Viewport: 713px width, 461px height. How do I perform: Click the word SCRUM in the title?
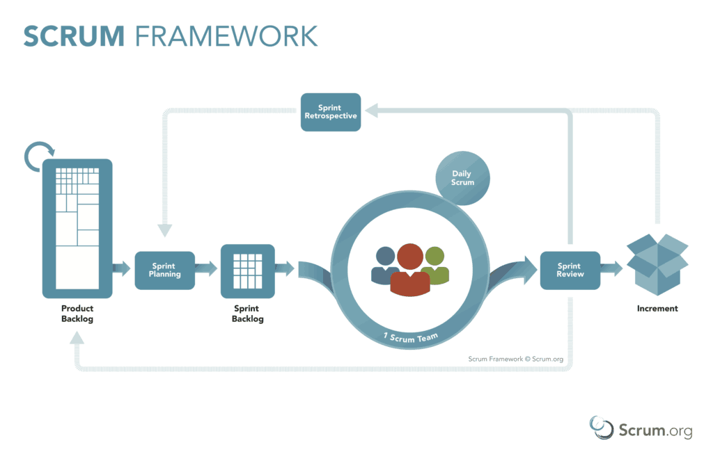tap(72, 35)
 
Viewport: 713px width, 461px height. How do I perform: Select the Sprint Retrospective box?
tap(330, 112)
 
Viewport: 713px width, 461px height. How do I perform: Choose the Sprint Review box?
tap(570, 270)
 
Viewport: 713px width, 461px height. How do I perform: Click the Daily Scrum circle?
tap(462, 178)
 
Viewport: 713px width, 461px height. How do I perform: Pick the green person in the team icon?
tap(436, 265)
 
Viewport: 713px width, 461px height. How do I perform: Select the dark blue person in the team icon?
tap(384, 266)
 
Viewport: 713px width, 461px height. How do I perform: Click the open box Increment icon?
tap(657, 264)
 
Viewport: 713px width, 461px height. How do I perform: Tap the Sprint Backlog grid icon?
tap(247, 270)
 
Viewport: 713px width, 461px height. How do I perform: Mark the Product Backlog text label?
tap(77, 314)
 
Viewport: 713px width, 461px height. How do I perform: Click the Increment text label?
tap(657, 308)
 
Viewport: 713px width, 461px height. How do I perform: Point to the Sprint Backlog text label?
tap(247, 314)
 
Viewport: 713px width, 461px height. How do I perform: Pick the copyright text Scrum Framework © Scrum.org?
tap(515, 359)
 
